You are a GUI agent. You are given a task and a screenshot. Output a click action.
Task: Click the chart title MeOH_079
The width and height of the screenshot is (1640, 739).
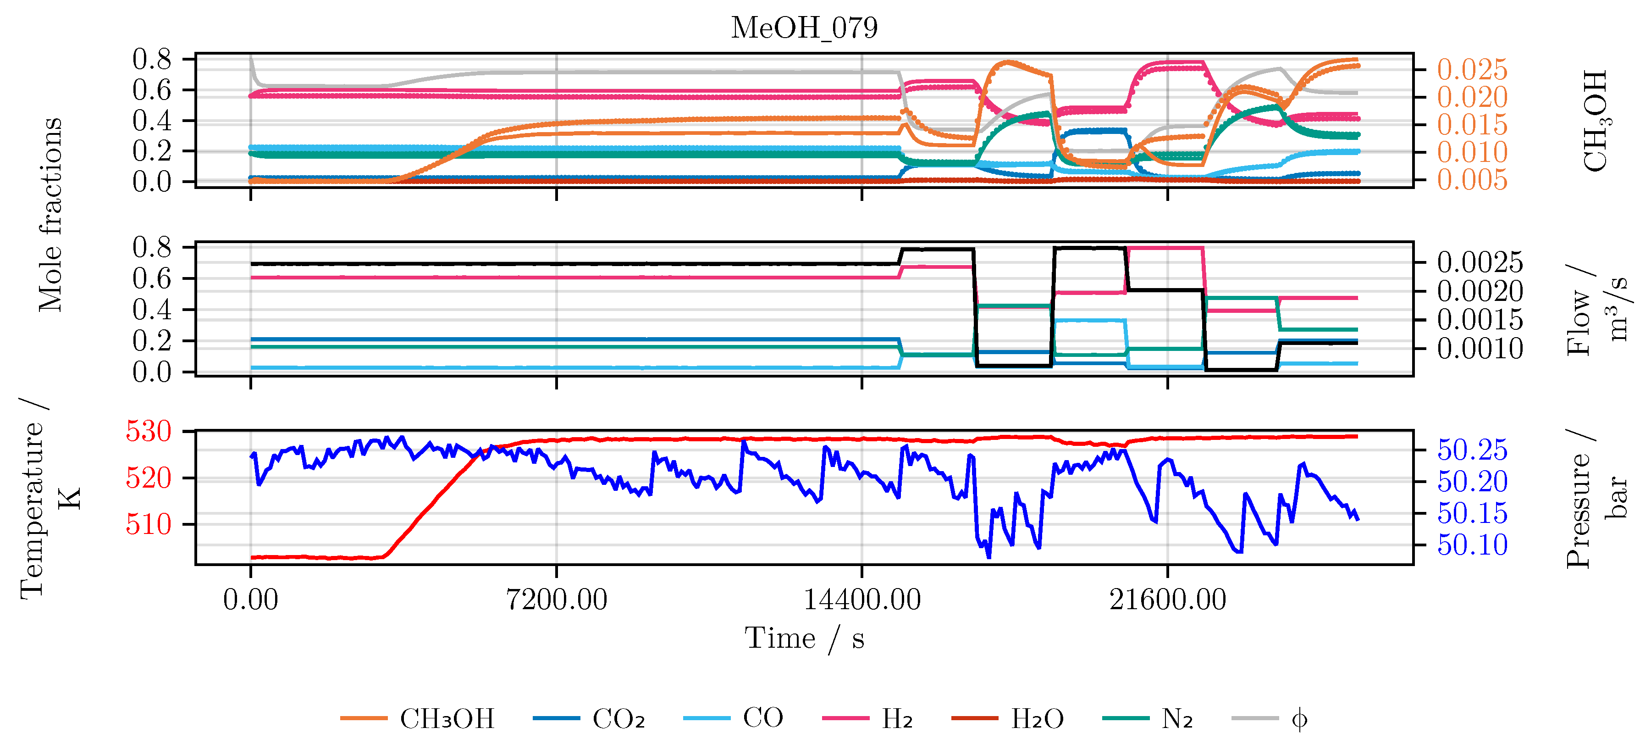(x=804, y=28)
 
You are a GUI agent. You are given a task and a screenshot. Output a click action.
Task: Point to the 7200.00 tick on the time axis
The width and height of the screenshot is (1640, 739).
(x=557, y=600)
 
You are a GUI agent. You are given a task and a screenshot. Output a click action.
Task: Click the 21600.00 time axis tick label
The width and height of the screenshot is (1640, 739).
(x=1168, y=600)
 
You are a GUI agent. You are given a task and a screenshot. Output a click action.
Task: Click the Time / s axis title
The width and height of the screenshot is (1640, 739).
(x=804, y=639)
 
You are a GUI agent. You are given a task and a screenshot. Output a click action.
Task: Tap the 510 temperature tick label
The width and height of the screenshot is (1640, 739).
(x=149, y=524)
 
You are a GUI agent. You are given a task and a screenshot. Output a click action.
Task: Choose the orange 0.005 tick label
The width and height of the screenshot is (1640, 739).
(x=1472, y=180)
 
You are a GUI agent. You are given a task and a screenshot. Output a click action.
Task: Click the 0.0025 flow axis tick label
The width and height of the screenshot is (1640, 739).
(x=1480, y=262)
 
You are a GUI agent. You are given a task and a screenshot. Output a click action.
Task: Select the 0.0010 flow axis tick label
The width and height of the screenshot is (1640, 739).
(x=1480, y=349)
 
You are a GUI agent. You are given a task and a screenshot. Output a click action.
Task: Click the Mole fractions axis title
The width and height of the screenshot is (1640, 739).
(x=51, y=215)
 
